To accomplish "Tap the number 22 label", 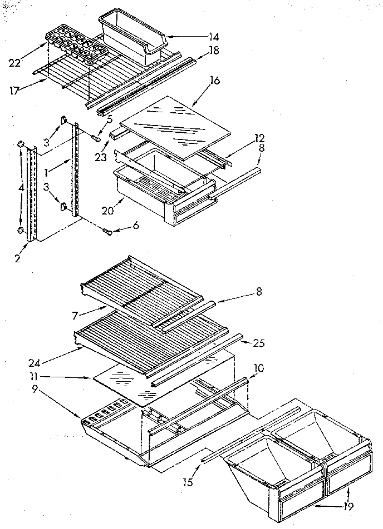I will click(x=15, y=63).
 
